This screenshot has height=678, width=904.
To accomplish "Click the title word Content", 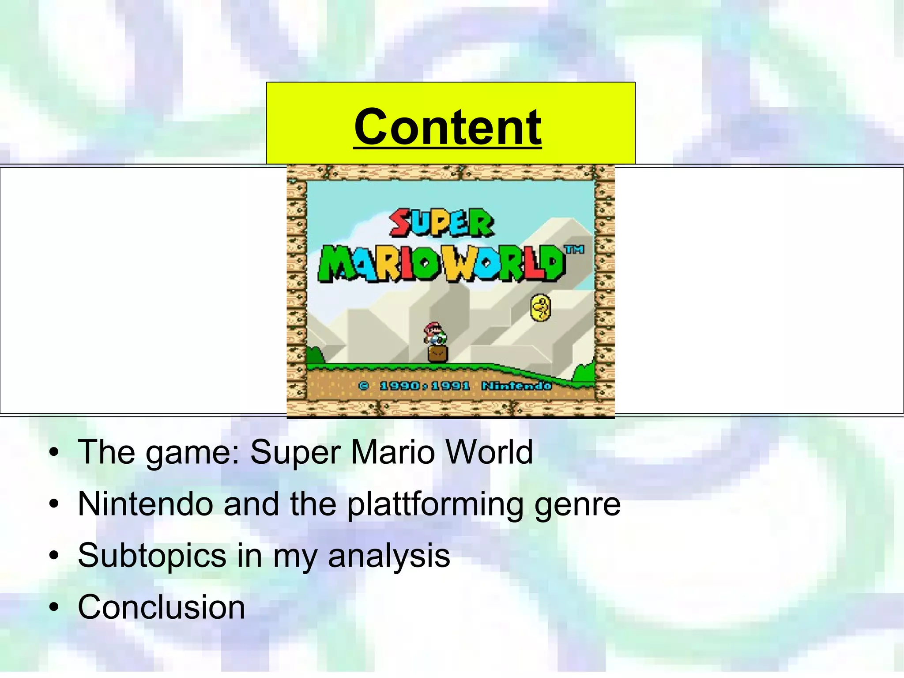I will pos(448,127).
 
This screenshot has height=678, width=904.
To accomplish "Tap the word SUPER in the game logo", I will pos(442,223).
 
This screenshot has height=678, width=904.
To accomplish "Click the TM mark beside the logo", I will pos(575,250).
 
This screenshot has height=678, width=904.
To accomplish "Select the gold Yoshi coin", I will pos(541,308).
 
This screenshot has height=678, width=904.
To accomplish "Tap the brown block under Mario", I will pos(438,354).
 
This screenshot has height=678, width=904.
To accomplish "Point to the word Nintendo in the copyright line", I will pos(516,386).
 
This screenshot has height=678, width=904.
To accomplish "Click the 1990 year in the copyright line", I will pos(399,386).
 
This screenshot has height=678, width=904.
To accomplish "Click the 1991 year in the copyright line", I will pos(450,386).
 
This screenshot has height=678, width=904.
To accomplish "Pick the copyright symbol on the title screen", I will pos(364,386).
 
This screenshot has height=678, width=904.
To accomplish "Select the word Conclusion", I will pos(162,607).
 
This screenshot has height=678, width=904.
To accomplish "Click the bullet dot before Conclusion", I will pos(54,608).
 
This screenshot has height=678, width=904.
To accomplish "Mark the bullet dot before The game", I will pos(54,453).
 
